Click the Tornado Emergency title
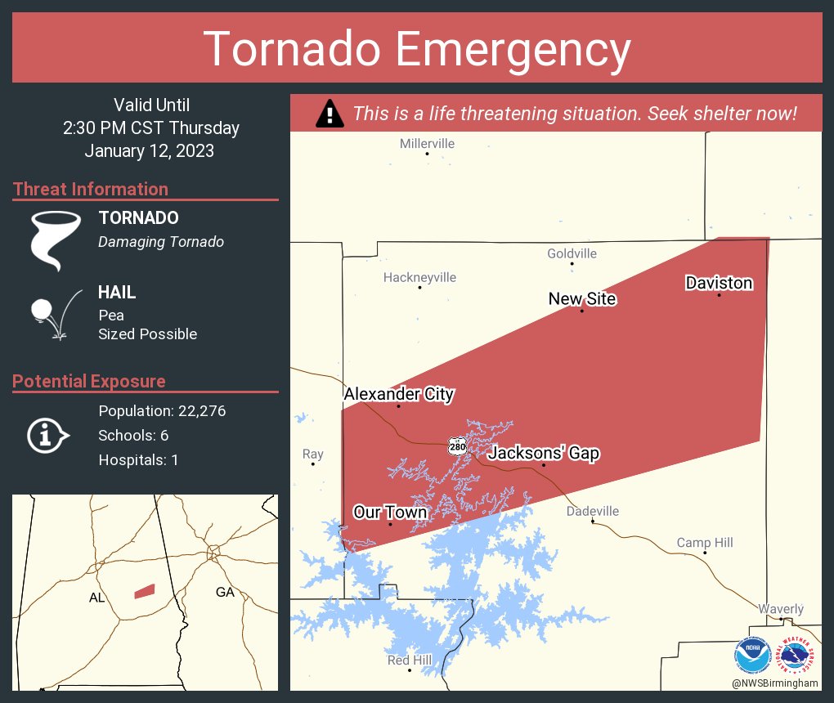[417, 49]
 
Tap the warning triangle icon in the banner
[330, 114]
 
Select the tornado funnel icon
[55, 240]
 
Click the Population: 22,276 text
[162, 410]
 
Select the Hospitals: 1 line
[138, 459]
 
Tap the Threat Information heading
[91, 189]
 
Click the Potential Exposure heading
[89, 381]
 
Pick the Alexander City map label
[398, 394]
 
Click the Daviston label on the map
[719, 283]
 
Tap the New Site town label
[581, 299]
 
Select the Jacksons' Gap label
[544, 453]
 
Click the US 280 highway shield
[457, 446]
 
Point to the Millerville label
[427, 144]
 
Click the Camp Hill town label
[705, 543]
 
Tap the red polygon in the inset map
[145, 590]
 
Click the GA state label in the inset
[225, 592]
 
